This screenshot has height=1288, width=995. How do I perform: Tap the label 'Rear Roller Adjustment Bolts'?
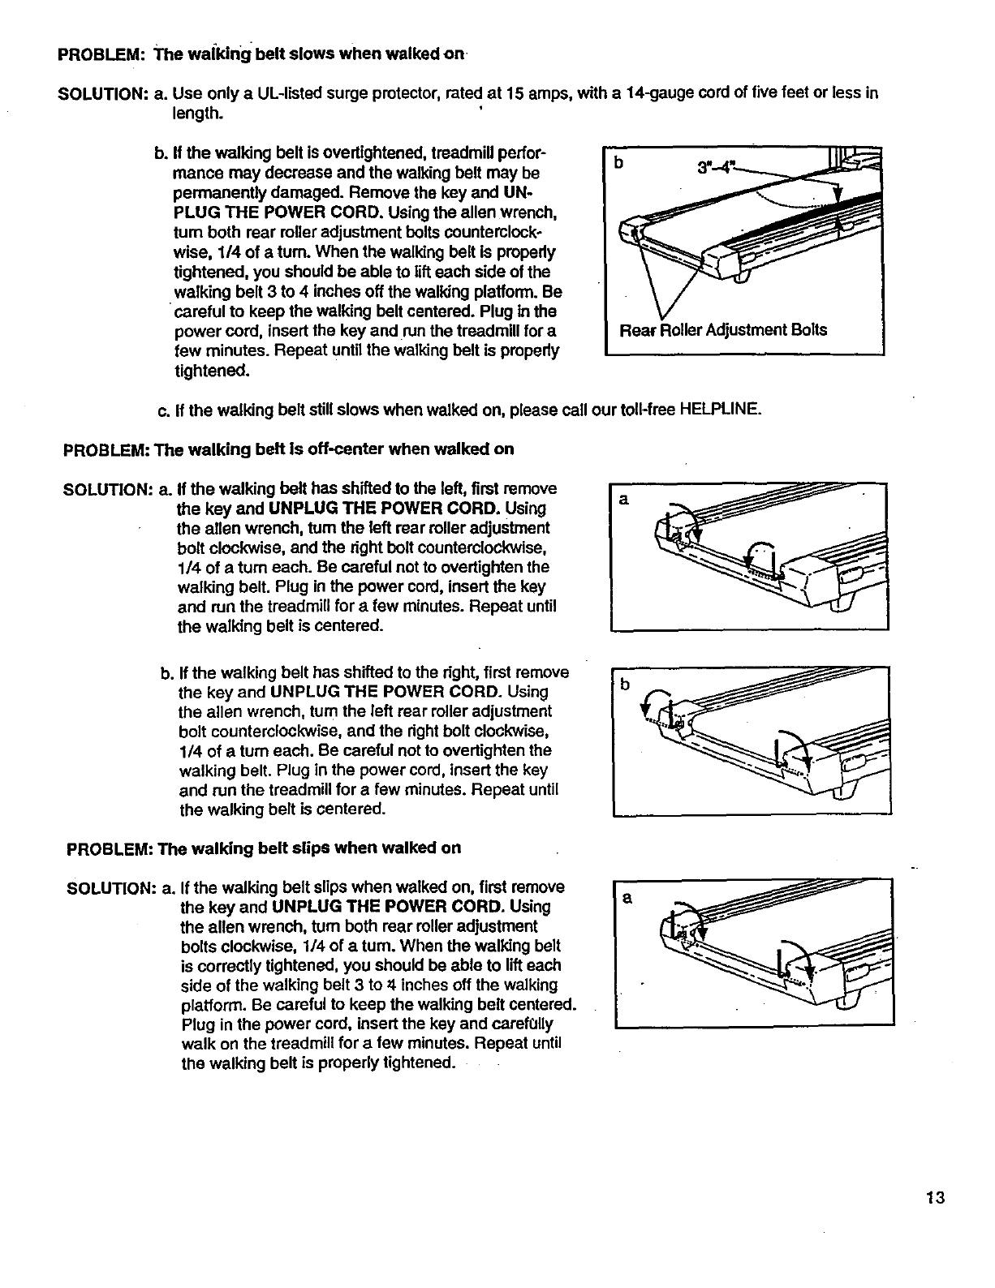[723, 330]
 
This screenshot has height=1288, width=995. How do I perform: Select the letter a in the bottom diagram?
[627, 898]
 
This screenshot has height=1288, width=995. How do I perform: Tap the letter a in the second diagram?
[623, 500]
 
